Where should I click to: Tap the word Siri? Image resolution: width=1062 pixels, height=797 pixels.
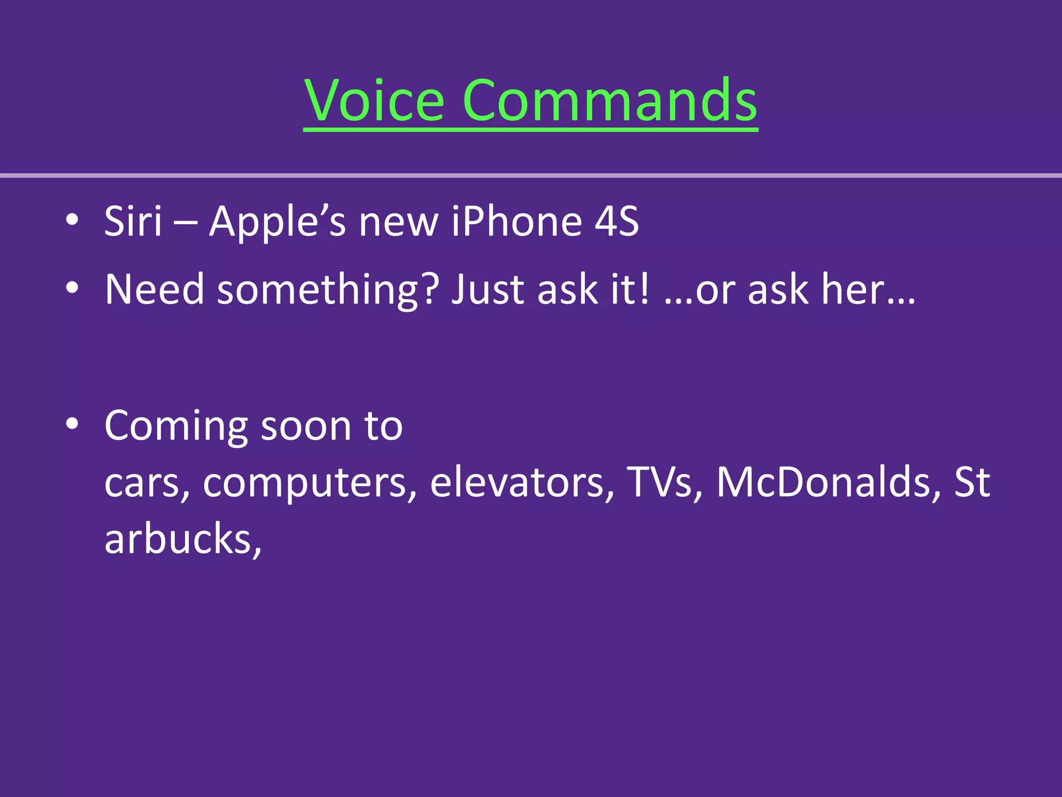pyautogui.click(x=133, y=222)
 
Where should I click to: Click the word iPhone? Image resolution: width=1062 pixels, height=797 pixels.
pyautogui.click(x=516, y=222)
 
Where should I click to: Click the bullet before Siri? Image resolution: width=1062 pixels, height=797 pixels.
pyautogui.click(x=72, y=219)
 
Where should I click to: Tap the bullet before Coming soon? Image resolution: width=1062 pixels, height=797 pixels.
pyautogui.click(x=72, y=424)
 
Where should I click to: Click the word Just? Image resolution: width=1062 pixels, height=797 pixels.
pyautogui.click(x=487, y=289)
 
